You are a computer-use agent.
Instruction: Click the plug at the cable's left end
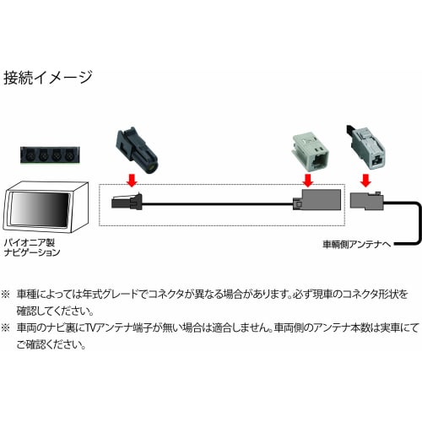point(123,203)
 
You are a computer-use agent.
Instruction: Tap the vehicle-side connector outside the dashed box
point(368,203)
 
